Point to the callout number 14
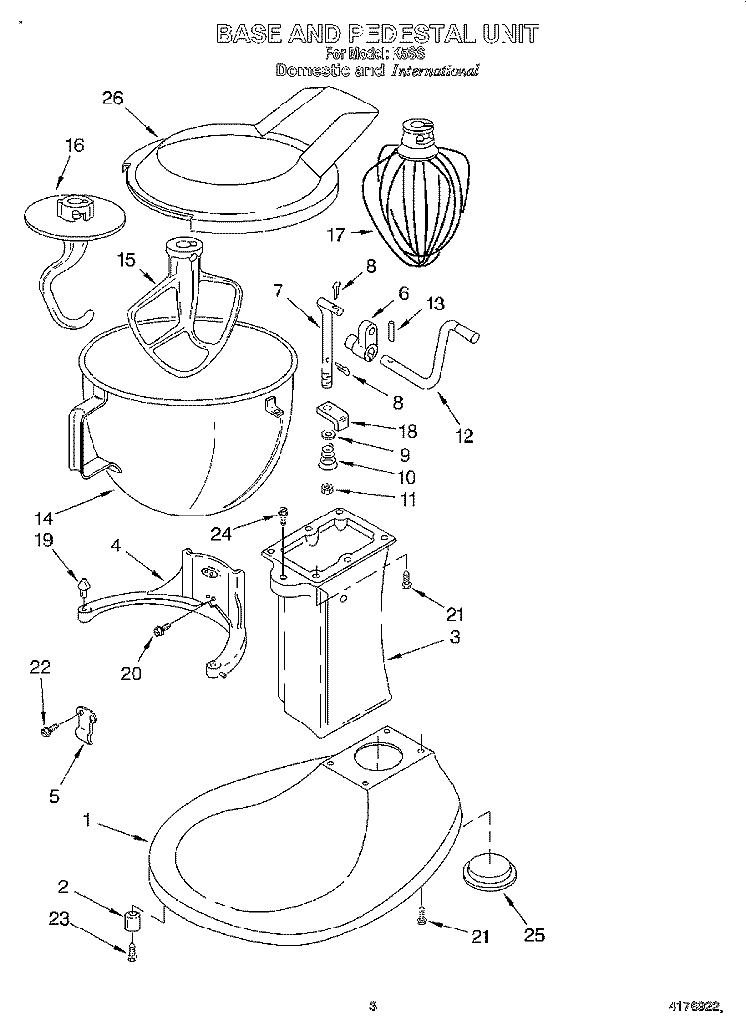pos(43,517)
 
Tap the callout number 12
pos(464,435)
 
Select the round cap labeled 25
pos(489,872)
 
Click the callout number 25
pos(534,934)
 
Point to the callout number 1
pos(87,821)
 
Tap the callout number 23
pos(60,919)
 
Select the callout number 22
pos(39,668)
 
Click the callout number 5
pos(55,795)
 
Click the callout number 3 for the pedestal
pos(454,637)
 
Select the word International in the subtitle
pos(435,71)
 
